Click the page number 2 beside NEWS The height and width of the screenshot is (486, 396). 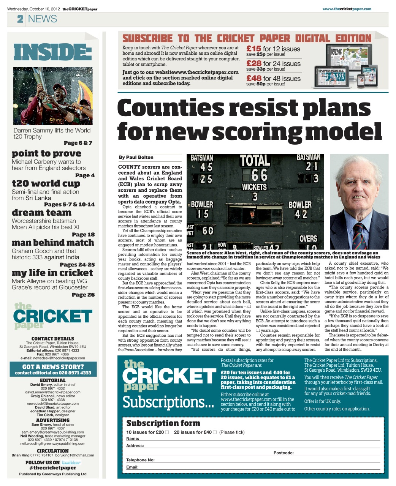20,19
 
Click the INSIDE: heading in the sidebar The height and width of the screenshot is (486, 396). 52,52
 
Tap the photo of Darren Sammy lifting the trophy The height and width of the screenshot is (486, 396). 52,96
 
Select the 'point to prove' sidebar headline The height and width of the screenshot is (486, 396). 46,153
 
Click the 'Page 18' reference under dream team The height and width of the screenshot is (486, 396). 83,235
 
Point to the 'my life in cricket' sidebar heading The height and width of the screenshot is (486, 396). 52,273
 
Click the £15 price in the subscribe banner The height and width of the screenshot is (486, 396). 253,49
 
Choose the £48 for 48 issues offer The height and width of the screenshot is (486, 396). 273,79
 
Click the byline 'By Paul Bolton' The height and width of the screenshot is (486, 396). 136,157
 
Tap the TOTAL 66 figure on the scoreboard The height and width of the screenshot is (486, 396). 255,169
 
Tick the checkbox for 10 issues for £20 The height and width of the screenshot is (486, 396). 167,432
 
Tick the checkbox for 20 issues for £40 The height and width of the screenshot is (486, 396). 215,432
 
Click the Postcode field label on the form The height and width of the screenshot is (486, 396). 284,453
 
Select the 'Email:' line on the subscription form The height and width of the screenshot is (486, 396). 133,467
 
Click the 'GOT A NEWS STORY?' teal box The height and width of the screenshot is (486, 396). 53,369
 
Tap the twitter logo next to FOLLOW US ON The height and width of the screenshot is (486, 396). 71,462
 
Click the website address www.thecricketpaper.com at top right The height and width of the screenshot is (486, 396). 347,9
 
